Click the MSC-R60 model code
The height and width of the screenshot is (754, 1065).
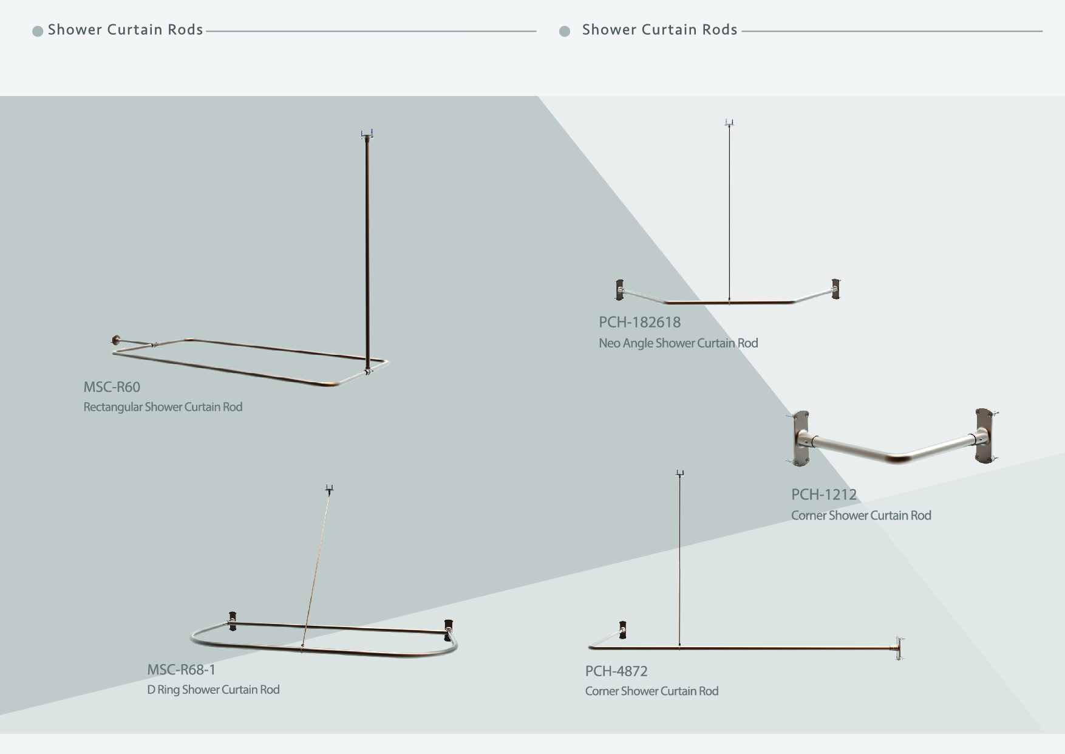112,387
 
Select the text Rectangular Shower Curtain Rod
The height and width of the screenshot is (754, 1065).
163,407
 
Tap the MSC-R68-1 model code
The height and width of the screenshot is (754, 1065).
181,670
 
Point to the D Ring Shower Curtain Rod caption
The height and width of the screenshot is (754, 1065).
213,690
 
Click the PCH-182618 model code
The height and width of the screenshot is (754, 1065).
639,322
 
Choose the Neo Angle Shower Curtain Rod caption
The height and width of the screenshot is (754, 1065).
678,343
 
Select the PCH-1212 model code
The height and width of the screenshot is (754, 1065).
823,495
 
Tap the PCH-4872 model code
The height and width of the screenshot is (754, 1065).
616,671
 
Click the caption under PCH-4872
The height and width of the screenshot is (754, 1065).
652,691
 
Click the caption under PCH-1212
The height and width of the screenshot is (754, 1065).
861,515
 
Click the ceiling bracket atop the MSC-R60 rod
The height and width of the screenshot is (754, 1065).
367,134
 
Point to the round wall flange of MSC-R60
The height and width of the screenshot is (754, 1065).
116,340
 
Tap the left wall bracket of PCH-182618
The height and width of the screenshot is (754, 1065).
619,290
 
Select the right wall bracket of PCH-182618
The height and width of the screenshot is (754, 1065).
836,289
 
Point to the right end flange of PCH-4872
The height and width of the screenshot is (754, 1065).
899,648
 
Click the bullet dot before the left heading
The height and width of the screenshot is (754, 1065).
38,31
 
